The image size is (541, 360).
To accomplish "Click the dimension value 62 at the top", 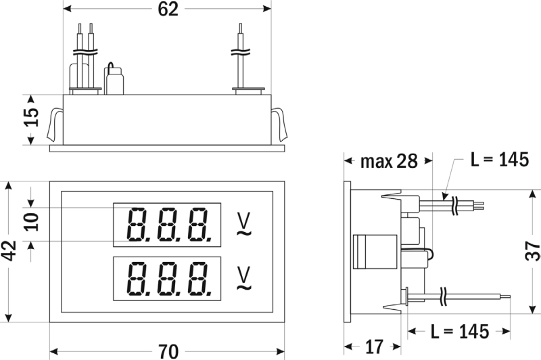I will [169, 9].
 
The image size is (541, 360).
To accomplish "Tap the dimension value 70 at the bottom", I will [168, 351].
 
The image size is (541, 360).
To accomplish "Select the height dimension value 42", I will [9, 251].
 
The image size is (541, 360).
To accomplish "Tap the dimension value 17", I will [374, 347].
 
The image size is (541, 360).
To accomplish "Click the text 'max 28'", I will [389, 162].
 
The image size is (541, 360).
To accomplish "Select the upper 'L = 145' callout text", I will [499, 160].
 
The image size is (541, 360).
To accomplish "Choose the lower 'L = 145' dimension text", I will [459, 332].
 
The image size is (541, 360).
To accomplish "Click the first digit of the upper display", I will [136, 225].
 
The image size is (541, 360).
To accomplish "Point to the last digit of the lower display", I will [199, 280].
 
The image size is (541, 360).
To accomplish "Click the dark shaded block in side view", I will [369, 251].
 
